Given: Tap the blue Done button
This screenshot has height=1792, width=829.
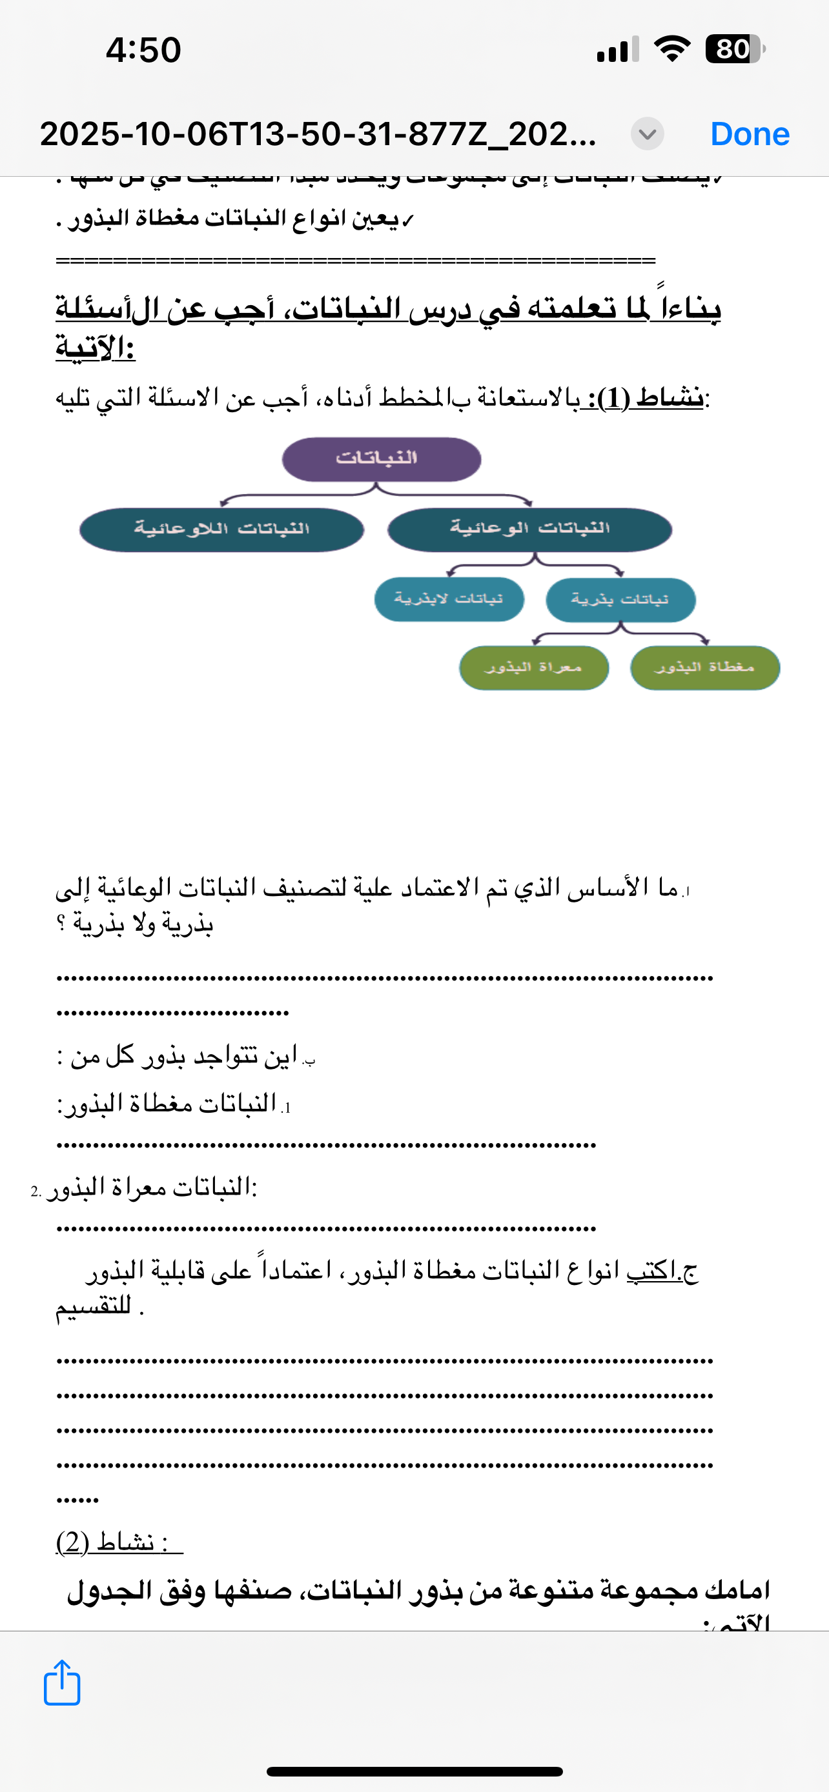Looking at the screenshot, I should (750, 134).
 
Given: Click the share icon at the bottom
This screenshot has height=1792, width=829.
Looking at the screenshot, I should (62, 1683).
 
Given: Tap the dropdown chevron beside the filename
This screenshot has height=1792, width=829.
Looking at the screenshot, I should (648, 134).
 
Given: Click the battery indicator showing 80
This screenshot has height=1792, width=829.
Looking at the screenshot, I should (733, 50).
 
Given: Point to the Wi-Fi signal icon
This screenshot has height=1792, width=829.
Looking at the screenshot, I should (671, 50).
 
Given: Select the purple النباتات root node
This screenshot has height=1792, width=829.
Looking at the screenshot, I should (382, 459).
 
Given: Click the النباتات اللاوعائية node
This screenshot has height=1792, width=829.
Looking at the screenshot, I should (221, 530).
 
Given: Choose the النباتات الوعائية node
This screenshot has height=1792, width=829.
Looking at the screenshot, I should (529, 530).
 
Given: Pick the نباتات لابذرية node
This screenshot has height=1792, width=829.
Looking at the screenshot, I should (449, 599).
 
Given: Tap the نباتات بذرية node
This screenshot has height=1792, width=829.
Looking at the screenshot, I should (620, 600).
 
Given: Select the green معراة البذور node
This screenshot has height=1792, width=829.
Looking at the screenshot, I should (534, 668).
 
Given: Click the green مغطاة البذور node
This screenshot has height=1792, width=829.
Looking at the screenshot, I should (704, 668).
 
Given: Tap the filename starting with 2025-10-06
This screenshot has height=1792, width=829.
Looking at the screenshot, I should (318, 134).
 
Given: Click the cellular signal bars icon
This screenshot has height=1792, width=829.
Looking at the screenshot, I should (617, 50).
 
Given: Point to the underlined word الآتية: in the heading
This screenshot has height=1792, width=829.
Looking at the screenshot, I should (96, 348).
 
